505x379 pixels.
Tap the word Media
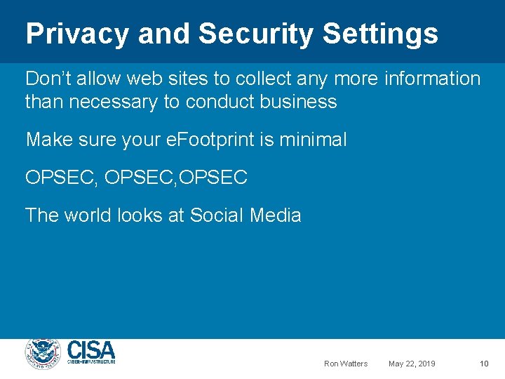point(276,215)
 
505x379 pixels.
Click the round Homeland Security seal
point(43,353)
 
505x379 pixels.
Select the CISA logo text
point(91,350)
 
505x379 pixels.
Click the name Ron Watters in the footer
point(346,364)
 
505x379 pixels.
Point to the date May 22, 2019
point(412,364)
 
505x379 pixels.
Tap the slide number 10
point(484,364)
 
